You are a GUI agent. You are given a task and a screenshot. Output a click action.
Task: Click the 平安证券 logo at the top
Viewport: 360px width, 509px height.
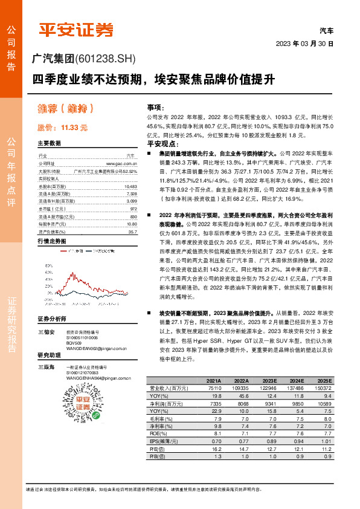click(x=76, y=30)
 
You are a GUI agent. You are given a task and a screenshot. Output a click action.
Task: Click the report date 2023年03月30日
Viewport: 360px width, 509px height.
click(x=309, y=44)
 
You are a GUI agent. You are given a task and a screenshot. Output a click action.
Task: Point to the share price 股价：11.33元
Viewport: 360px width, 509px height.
click(x=62, y=127)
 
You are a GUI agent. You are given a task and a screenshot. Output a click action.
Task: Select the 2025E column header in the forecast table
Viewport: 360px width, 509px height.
click(x=323, y=381)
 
